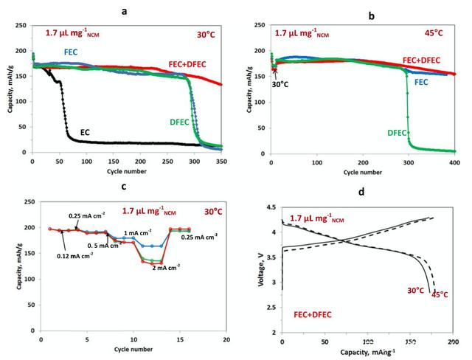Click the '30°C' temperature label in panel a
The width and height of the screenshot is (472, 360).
[207, 33]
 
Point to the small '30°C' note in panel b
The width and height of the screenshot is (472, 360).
[280, 83]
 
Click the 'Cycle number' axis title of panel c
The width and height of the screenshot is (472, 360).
[134, 347]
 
